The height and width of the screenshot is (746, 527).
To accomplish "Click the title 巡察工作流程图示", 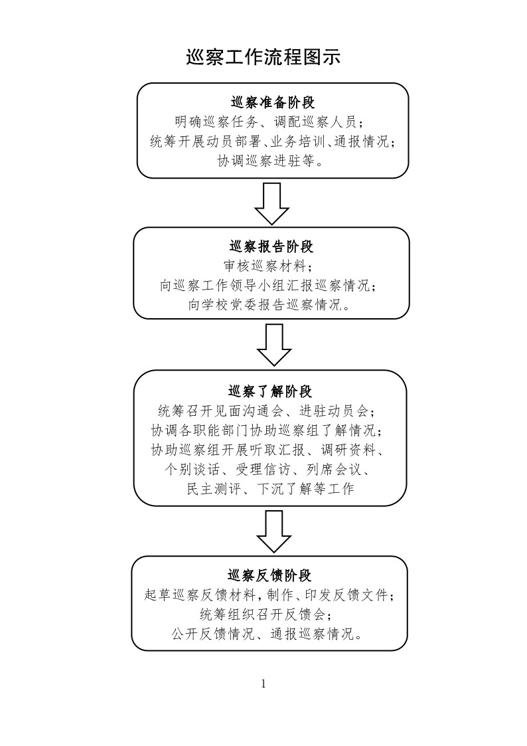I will pos(263,58).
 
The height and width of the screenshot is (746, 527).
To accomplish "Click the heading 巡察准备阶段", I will pos(272,103).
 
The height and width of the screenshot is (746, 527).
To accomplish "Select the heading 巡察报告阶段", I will pos(271,247).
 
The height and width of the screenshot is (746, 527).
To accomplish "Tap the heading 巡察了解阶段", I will pos(270,391).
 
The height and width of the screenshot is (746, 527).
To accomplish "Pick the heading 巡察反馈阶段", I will pos(269,575).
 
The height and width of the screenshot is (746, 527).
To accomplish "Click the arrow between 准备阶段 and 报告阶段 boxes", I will pos(272,204).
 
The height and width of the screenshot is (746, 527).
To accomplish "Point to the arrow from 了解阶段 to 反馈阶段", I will pos(273,530).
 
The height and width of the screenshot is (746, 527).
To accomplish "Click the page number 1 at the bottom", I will pos(263,684).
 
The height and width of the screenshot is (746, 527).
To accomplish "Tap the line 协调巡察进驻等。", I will pos(271,161).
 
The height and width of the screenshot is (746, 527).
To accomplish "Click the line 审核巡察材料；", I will pos(270,266).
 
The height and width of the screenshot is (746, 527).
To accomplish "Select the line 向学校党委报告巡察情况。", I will pos(270,305).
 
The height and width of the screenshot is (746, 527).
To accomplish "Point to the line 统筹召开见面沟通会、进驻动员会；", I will pos(270,410).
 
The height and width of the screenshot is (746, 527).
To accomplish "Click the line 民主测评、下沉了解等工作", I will pos(270,490).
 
